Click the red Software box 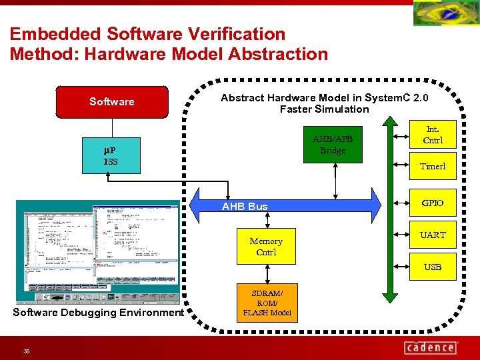click(x=112, y=101)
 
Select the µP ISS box click(x=111, y=156)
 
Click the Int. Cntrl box click(x=433, y=134)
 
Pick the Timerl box click(x=433, y=166)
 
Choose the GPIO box click(x=433, y=203)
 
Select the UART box click(x=433, y=235)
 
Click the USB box click(x=433, y=267)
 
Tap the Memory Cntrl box click(x=266, y=247)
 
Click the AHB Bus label click(x=245, y=207)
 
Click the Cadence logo click(x=431, y=347)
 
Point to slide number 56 click(x=27, y=351)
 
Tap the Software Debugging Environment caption click(x=98, y=313)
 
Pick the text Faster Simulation click(x=324, y=109)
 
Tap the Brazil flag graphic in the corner click(x=445, y=13)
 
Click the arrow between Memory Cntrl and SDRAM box click(x=267, y=273)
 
